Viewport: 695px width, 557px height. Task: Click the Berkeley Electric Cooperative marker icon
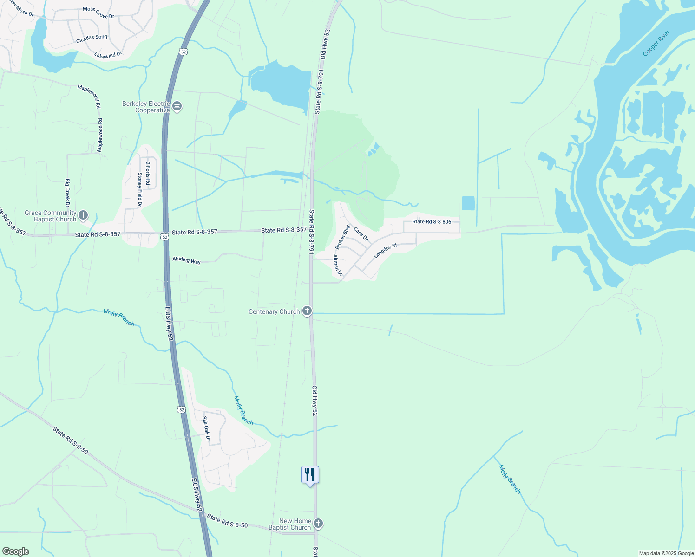click(x=177, y=107)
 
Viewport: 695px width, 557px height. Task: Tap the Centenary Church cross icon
click(x=307, y=311)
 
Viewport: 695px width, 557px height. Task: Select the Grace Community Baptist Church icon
click(x=83, y=215)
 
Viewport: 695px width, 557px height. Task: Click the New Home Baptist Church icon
click(x=318, y=524)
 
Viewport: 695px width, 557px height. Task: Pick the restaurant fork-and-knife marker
click(x=310, y=475)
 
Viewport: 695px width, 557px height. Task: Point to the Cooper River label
click(x=656, y=43)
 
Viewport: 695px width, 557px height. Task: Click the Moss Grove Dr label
click(x=98, y=13)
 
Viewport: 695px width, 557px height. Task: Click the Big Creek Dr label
click(x=68, y=193)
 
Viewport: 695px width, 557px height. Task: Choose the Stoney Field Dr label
click(x=140, y=189)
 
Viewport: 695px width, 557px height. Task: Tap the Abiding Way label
click(x=186, y=260)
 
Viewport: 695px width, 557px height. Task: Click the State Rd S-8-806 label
click(x=432, y=222)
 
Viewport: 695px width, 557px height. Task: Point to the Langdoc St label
click(x=386, y=250)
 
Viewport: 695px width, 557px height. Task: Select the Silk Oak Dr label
click(x=207, y=428)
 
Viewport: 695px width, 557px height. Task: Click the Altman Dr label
click(x=338, y=265)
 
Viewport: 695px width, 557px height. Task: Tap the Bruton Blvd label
click(x=342, y=237)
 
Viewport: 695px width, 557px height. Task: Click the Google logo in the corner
click(x=15, y=551)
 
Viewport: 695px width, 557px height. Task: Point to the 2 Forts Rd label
click(x=148, y=173)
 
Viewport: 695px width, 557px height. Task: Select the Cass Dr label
click(x=361, y=234)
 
